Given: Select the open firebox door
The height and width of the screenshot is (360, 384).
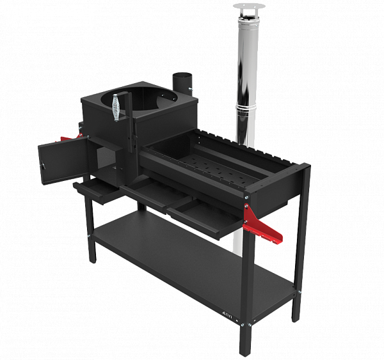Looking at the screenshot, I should click(60, 162).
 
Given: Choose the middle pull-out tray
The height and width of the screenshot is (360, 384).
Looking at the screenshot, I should click(150, 192).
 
